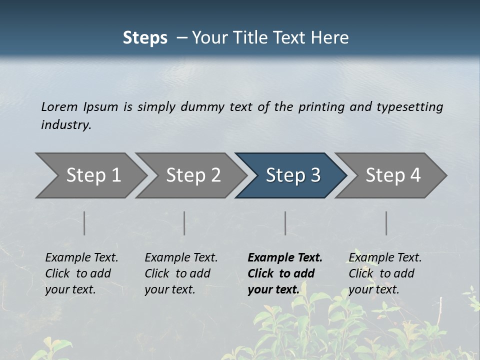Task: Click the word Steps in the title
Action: pos(145,38)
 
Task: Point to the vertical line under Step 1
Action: pos(84,223)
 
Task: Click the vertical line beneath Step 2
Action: pos(184,223)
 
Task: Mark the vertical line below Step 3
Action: pos(285,223)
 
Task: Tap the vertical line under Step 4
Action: pos(386,223)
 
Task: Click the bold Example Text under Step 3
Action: pos(285,273)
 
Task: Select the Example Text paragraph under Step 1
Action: pos(81,273)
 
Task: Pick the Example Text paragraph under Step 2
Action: pos(181,273)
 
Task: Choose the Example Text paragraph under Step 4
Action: pos(385,273)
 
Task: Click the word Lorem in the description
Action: pos(59,106)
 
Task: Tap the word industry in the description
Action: pos(66,124)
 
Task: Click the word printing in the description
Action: pos(321,107)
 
